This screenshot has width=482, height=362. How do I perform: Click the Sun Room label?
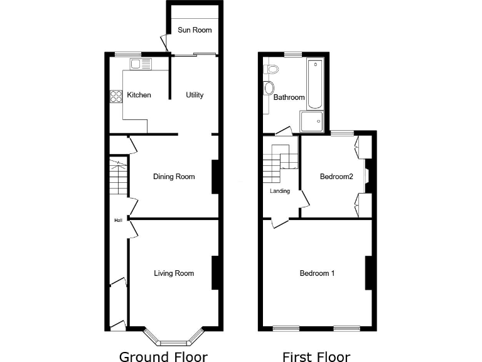click(193, 30)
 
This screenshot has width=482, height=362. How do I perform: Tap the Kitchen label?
click(139, 96)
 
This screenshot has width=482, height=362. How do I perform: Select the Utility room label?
click(195, 96)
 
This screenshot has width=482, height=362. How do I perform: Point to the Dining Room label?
click(174, 177)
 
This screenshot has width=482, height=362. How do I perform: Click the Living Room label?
click(174, 273)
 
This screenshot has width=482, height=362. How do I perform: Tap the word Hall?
click(117, 221)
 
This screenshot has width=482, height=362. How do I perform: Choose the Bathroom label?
click(289, 97)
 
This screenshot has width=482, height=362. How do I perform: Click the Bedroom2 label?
click(336, 177)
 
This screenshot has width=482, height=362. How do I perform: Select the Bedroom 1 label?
click(317, 273)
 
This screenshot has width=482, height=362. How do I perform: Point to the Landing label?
click(280, 191)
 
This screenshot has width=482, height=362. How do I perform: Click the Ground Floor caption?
click(163, 357)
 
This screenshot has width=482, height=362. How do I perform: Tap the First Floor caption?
click(316, 357)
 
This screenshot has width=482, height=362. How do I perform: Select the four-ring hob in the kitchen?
click(116, 96)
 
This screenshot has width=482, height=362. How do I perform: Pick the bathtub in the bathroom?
click(314, 84)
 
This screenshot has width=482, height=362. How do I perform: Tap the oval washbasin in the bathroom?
click(270, 87)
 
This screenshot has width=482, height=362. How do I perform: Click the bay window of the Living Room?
click(173, 339)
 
